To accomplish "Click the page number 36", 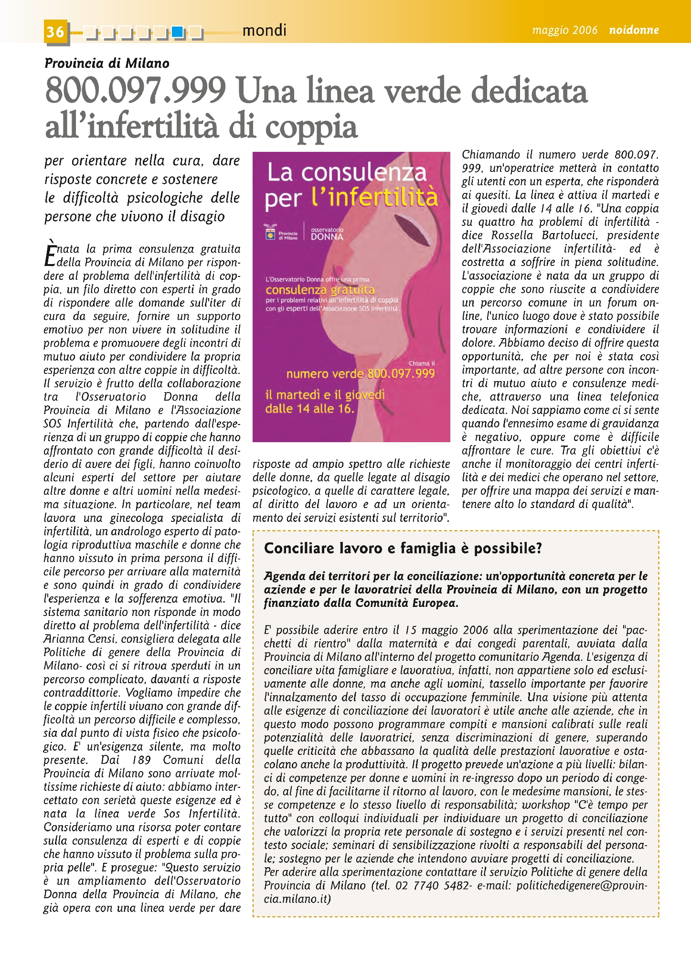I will (x=55, y=32).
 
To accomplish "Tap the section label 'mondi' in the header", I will (x=264, y=31).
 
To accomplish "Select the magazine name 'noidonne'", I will (x=634, y=30).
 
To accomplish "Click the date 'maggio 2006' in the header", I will (x=565, y=30).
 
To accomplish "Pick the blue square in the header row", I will (x=178, y=32).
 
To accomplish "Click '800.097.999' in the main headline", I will (x=135, y=91).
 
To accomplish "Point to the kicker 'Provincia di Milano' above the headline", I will (x=107, y=63).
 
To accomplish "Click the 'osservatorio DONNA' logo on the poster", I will (x=327, y=233).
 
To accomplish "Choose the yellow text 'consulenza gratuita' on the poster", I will (x=320, y=290).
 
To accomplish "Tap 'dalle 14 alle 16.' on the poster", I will (x=310, y=409).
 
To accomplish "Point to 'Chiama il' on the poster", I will (x=422, y=363).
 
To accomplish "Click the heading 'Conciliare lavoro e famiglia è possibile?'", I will (x=403, y=548).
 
